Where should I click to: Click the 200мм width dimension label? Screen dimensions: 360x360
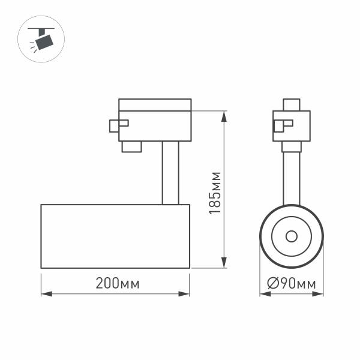[117, 284]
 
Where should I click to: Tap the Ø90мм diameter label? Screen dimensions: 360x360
[291, 284]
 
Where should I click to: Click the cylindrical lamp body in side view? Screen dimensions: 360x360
[115, 236]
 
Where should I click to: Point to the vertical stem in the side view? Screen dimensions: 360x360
[170, 173]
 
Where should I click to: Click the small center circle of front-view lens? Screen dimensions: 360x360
[291, 236]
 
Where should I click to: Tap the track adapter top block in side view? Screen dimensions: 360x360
[155, 105]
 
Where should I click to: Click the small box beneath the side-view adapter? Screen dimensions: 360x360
[131, 146]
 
